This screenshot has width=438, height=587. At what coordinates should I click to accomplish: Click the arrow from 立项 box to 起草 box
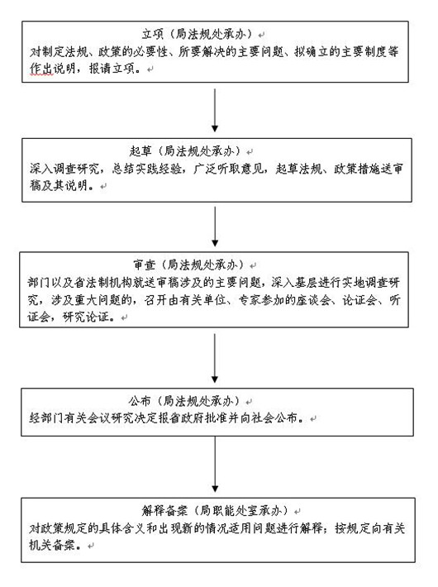point(215,110)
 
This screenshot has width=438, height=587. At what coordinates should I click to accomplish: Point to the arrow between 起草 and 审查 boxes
point(215,226)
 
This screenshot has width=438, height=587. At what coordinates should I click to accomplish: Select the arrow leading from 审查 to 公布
point(215,358)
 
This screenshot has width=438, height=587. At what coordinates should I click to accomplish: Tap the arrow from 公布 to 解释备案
point(215,464)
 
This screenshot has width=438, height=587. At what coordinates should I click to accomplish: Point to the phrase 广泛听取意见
point(228,169)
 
